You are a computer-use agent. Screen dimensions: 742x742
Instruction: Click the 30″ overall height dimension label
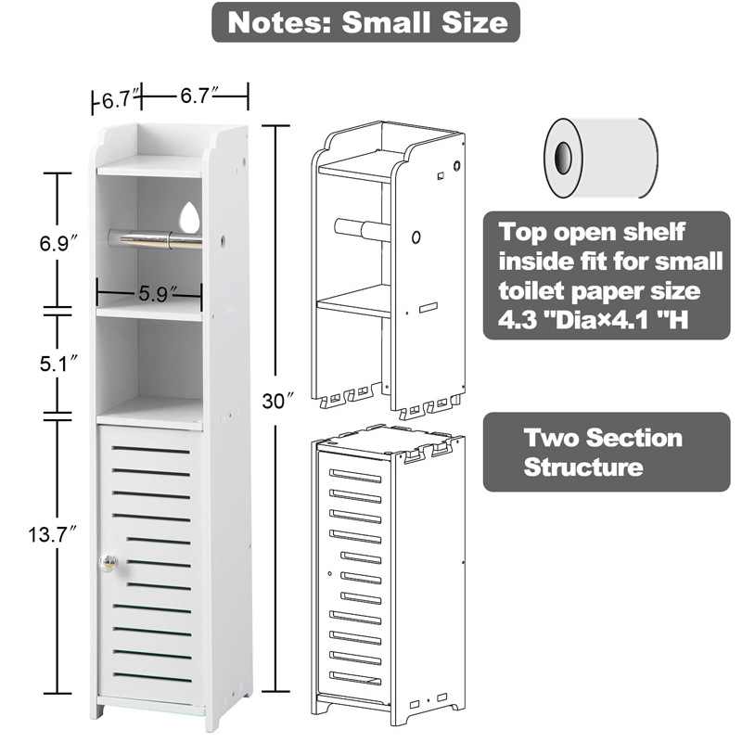pos(278,402)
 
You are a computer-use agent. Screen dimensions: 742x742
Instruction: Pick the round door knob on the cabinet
pos(108,563)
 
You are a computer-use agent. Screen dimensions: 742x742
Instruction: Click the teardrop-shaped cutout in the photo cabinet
pos(190,217)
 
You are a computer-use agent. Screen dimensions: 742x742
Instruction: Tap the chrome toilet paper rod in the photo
pos(155,238)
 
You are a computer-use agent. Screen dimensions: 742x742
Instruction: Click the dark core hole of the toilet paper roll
pos(563,158)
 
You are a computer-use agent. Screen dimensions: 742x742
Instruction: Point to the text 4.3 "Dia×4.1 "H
pos(593,320)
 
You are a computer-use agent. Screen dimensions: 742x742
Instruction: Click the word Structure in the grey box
pos(583,467)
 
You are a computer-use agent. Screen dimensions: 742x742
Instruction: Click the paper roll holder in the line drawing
pos(363,229)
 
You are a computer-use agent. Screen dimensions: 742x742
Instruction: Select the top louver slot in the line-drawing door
pos(355,476)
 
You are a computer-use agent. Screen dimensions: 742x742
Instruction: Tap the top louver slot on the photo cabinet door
pos(150,450)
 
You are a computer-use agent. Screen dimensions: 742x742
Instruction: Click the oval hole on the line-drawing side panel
pos(416,237)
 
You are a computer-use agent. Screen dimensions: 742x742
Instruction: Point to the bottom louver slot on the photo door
pos(152,678)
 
